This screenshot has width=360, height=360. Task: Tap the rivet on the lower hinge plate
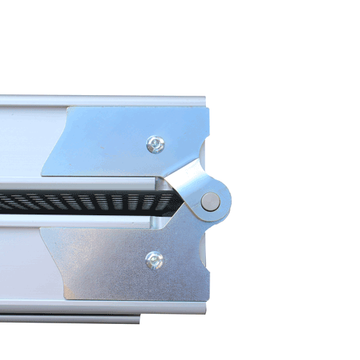tap(153, 260)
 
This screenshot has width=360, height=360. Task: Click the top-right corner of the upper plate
tap(208, 109)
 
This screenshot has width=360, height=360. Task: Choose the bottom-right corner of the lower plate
tap(208, 297)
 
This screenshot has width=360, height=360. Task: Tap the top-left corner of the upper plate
tap(68, 108)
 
